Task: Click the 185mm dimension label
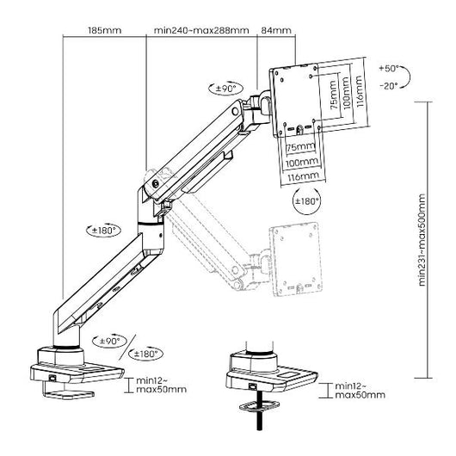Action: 104,32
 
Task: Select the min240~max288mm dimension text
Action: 201,32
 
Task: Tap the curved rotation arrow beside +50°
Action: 411,76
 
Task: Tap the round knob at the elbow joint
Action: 155,182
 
